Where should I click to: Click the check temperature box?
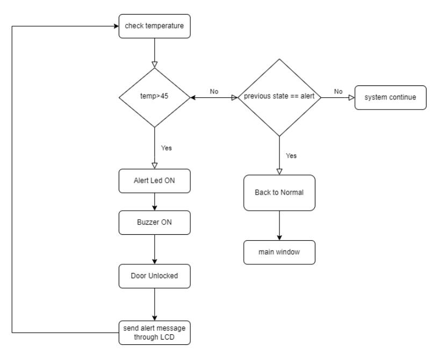(154, 25)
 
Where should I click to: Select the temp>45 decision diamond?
(154, 98)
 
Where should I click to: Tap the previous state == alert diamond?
(278, 98)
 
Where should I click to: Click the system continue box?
(390, 98)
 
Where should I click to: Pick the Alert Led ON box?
(154, 181)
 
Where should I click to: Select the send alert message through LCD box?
(154, 333)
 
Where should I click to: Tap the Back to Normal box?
(278, 192)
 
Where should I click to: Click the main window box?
(278, 252)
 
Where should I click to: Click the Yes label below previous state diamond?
(291, 156)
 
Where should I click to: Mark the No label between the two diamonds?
(214, 91)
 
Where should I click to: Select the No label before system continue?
(338, 91)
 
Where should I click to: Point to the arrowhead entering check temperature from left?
(115, 25)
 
